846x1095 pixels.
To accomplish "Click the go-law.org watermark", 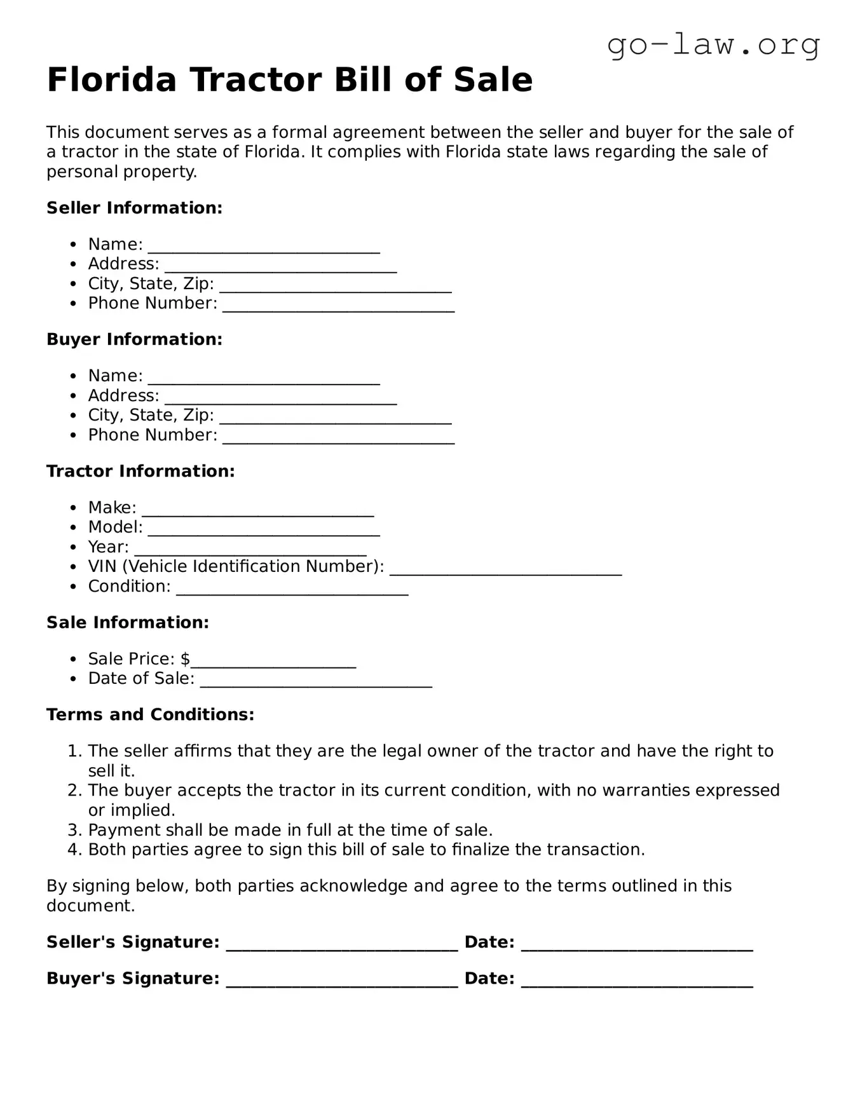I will tap(713, 45).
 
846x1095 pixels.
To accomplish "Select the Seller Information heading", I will tap(134, 208).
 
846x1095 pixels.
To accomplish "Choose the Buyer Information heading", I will tap(134, 339).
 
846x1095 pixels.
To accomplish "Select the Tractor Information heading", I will tap(140, 471).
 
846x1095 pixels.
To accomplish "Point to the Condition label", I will tap(129, 586).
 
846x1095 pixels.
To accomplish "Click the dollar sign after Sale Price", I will tap(185, 659).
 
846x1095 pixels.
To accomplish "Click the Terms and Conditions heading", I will tap(150, 714).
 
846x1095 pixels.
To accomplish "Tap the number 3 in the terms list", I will tap(74, 830).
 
